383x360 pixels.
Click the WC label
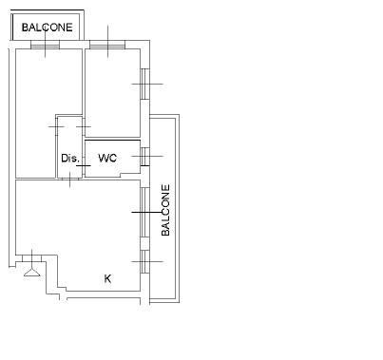point(107,158)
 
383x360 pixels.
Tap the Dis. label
point(70,158)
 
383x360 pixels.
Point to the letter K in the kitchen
point(107,278)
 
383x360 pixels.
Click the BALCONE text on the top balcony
point(48,28)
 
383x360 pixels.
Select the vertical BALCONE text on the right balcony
point(165,210)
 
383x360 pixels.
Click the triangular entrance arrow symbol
point(32,273)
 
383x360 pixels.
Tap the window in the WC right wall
point(144,156)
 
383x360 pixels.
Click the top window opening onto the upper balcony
point(45,45)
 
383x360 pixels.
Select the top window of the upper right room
point(107,45)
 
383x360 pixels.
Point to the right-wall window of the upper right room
point(144,84)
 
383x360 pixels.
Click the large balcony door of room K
point(144,212)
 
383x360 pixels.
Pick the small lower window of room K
point(144,261)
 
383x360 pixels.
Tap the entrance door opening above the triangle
point(32,258)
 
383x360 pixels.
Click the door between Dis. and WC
point(84,165)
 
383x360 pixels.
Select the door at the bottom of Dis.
point(70,179)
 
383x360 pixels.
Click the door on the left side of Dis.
point(56,126)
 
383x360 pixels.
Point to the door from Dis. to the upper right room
point(84,126)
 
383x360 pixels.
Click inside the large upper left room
point(35,95)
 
